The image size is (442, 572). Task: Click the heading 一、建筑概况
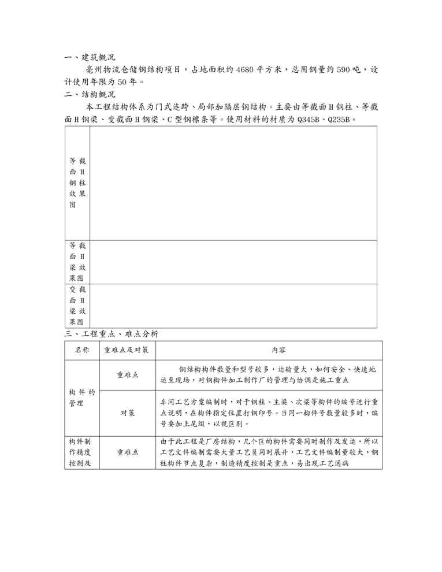pos(90,57)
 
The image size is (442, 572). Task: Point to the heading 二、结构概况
pos(90,94)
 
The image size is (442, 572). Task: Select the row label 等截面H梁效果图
pos(77,262)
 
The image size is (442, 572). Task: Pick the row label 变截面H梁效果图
pos(77,306)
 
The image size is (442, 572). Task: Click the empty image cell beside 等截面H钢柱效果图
pos(233,183)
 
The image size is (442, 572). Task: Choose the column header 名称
pos(81,350)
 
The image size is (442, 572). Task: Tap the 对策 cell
pos(127,413)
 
